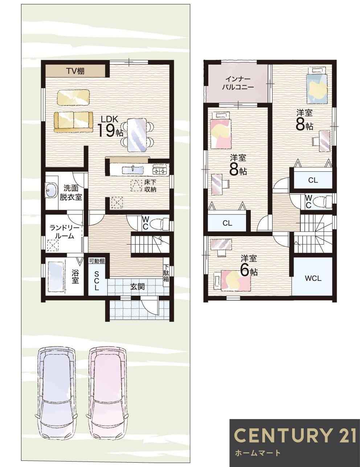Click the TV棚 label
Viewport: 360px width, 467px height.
(75, 71)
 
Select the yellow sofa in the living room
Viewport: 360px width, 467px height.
(73, 122)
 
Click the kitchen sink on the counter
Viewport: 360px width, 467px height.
(132, 169)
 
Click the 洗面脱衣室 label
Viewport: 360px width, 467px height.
(71, 193)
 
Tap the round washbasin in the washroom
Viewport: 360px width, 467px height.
(51, 190)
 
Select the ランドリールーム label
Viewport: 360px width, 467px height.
(64, 232)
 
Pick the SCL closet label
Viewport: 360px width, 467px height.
(97, 280)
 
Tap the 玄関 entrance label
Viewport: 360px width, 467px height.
(137, 287)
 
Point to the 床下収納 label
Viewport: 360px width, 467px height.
(150, 186)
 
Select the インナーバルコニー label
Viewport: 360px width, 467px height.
(238, 83)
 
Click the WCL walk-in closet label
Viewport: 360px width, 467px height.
(313, 279)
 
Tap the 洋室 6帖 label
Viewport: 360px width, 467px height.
(249, 265)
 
